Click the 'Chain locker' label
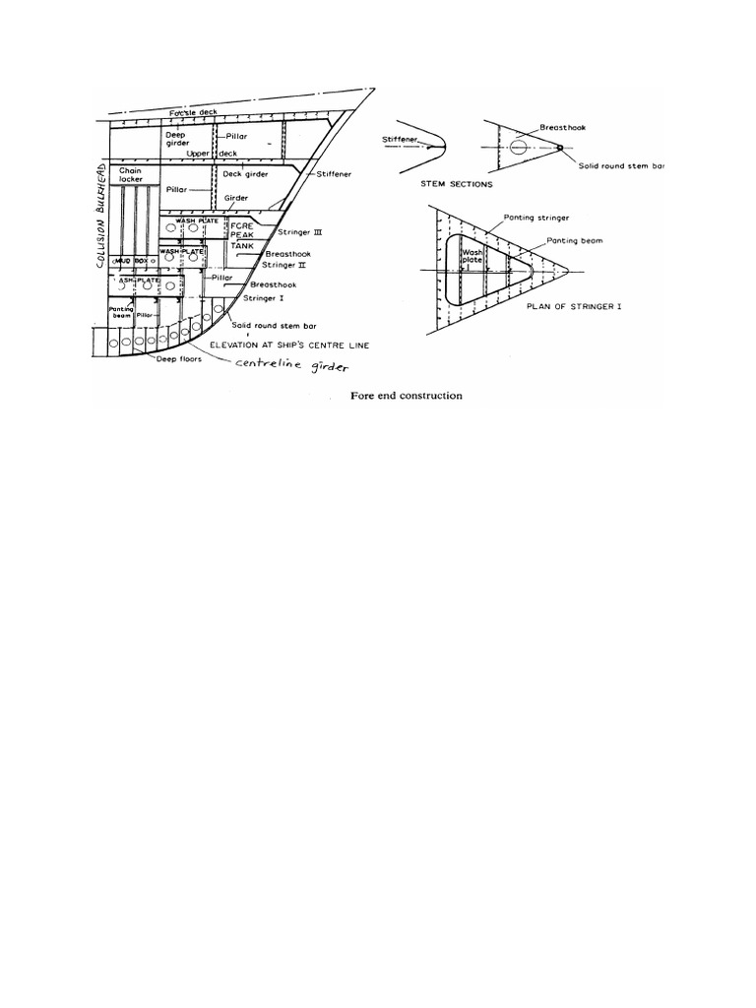(132, 175)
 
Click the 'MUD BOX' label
(133, 261)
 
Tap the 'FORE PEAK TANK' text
(242, 237)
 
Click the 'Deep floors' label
(176, 359)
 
